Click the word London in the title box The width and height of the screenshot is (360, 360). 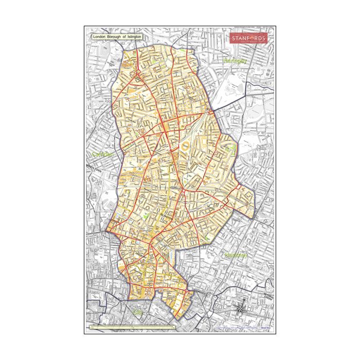[x=99, y=38]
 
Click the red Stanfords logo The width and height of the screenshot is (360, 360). [x=248, y=39]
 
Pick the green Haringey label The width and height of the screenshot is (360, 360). [x=236, y=61]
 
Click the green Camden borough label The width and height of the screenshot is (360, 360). [x=102, y=154]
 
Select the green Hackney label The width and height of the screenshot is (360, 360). [x=236, y=255]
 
